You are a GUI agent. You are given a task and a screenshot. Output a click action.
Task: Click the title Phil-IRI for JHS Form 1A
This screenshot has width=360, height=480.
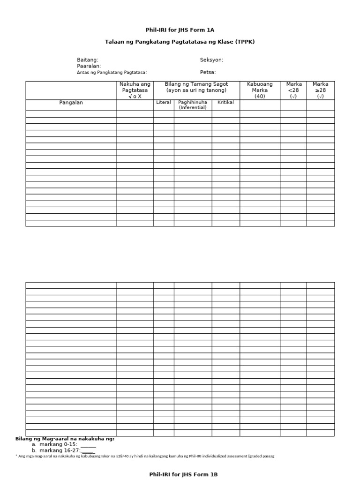tap(180, 30)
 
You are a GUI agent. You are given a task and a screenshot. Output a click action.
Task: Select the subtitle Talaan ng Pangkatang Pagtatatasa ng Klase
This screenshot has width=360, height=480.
tap(180, 42)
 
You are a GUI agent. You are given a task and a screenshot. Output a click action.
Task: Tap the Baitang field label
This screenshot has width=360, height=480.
tap(88, 60)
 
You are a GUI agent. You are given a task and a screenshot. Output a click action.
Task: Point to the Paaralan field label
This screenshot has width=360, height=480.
tap(89, 66)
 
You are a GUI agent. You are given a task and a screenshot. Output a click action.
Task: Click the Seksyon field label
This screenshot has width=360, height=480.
tap(211, 60)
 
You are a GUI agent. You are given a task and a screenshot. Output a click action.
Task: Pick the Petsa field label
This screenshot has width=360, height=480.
tap(208, 72)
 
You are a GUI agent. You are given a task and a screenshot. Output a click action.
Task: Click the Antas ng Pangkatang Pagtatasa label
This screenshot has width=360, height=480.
tap(112, 72)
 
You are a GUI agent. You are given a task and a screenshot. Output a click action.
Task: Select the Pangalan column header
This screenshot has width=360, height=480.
tap(71, 103)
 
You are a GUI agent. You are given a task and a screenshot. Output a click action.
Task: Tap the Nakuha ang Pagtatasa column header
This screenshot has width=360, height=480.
tap(135, 90)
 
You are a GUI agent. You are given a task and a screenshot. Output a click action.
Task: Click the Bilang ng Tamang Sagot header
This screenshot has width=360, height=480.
tap(196, 87)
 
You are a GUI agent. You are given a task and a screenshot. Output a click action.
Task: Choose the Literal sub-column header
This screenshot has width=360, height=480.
tap(164, 102)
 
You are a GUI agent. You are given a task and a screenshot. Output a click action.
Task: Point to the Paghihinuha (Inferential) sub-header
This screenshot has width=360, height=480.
tap(193, 105)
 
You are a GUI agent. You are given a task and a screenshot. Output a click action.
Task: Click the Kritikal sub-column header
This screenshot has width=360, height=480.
tap(225, 102)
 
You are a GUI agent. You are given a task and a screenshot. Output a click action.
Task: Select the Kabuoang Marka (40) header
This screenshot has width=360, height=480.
tap(260, 90)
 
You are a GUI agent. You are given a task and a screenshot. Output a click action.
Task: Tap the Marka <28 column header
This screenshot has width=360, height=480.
tap(293, 90)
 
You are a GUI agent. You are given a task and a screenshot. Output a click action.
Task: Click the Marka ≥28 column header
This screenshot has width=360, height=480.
tap(321, 90)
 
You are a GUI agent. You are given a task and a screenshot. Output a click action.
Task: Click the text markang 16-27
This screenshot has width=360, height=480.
tap(60, 450)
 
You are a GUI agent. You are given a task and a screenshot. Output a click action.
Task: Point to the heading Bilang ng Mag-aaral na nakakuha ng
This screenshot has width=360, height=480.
tap(65, 439)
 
